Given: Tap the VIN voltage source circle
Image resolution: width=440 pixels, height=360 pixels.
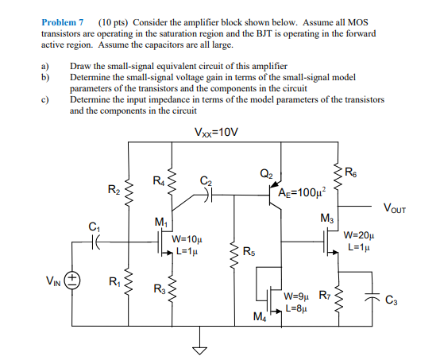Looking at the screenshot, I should click(x=72, y=280).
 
